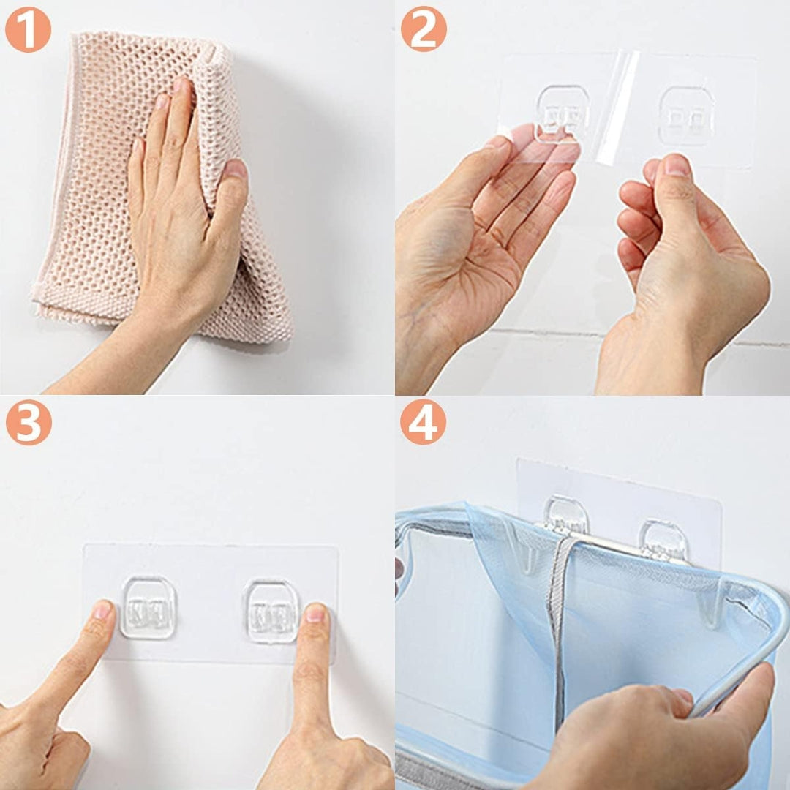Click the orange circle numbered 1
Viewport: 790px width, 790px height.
(29, 29)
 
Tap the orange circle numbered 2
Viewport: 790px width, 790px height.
(424, 29)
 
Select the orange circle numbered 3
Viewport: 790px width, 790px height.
(29, 422)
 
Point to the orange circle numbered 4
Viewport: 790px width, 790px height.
(424, 422)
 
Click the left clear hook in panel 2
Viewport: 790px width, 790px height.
(563, 114)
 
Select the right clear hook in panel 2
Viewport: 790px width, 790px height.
(686, 116)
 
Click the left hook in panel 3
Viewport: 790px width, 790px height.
(148, 608)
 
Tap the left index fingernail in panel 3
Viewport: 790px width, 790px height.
(103, 611)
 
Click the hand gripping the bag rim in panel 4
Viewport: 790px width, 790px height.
(655, 731)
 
